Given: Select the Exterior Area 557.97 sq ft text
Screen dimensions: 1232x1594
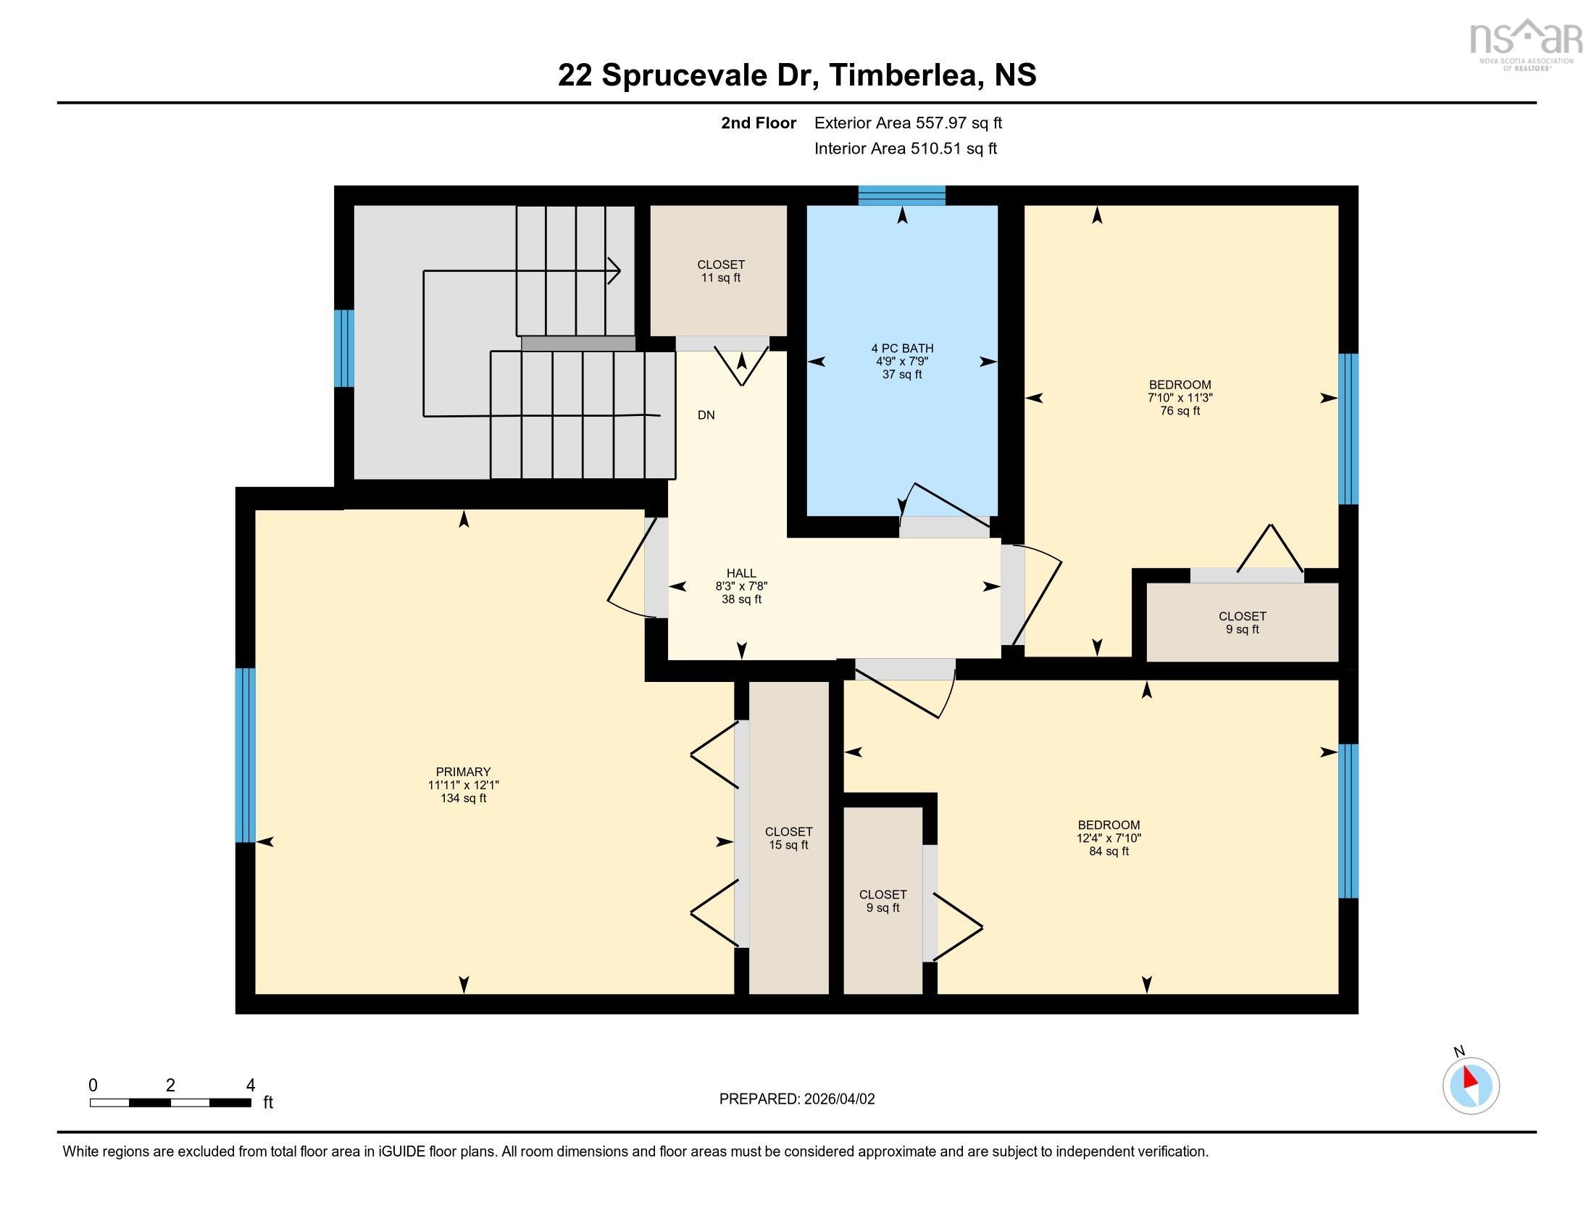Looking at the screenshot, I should pyautogui.click(x=908, y=123).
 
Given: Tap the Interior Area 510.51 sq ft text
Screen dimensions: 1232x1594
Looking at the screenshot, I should pyautogui.click(x=905, y=149).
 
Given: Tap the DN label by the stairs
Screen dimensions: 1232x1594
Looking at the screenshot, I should pyautogui.click(x=706, y=415).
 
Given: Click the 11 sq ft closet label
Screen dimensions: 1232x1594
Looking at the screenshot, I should pyautogui.click(x=720, y=272).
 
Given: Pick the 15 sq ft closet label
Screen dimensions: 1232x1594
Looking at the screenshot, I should pyautogui.click(x=788, y=838).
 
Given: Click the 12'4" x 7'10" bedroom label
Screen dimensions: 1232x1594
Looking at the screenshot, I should pyautogui.click(x=1108, y=838).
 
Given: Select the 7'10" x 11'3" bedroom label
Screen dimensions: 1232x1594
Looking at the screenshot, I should pyautogui.click(x=1180, y=398).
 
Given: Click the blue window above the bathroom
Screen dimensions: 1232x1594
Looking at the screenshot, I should pyautogui.click(x=901, y=196).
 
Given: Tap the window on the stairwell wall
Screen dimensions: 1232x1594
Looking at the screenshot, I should pyautogui.click(x=344, y=348).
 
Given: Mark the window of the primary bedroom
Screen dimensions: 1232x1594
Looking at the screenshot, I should pyautogui.click(x=245, y=754).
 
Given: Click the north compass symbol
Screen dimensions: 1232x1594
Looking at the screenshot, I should pyautogui.click(x=1470, y=1086).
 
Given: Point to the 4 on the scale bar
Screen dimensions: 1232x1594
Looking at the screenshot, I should pyautogui.click(x=251, y=1086).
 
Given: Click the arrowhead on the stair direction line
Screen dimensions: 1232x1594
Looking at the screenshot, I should pyautogui.click(x=614, y=272).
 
